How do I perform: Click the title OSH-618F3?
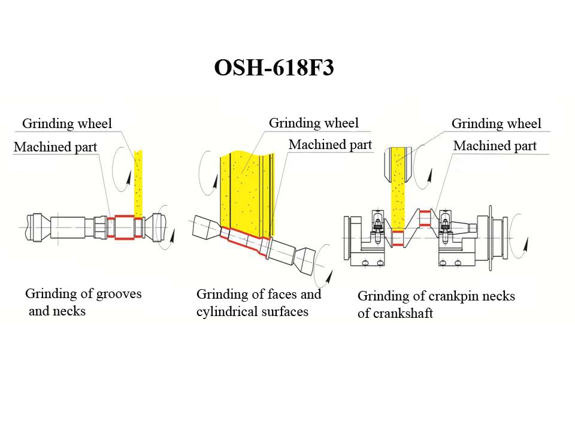[x=274, y=68]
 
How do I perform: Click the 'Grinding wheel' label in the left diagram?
[x=67, y=124]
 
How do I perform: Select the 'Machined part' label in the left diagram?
[x=55, y=147]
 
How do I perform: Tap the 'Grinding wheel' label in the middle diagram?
[x=313, y=123]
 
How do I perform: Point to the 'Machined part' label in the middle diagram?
[x=330, y=145]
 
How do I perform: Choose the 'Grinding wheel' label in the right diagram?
[x=496, y=124]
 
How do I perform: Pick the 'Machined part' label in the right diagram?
[x=495, y=145]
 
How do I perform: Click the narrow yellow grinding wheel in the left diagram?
[x=138, y=183]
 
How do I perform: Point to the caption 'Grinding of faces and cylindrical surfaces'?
[x=258, y=302]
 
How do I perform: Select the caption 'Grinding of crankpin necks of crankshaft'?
[x=435, y=304]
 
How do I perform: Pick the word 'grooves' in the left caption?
[x=119, y=293]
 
